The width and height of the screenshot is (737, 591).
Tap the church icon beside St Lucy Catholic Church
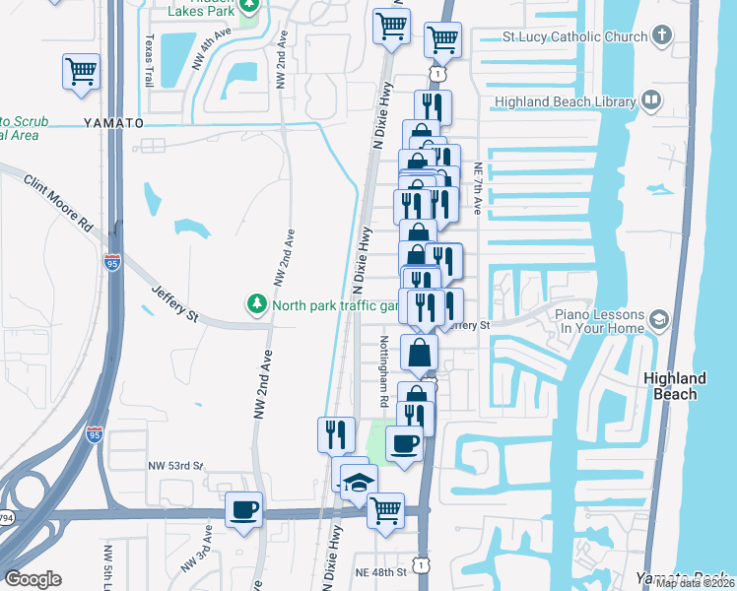(661, 37)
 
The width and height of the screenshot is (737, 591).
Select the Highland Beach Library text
(562, 99)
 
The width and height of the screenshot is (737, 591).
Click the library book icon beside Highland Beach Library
(650, 99)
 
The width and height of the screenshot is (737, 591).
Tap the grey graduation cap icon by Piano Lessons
(658, 319)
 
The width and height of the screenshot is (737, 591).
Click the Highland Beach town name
(674, 386)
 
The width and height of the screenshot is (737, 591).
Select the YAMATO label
(112, 123)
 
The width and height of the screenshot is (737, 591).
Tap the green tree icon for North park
(257, 303)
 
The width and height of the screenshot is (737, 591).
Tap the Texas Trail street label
(150, 61)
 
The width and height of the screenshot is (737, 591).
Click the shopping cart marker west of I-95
(81, 73)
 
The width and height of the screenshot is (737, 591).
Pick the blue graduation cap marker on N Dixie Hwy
(359, 483)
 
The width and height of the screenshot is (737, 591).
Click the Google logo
(33, 579)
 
